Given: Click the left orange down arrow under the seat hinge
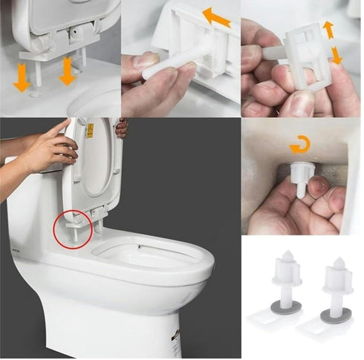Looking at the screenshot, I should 22,79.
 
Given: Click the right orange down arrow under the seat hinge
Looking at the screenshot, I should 67,72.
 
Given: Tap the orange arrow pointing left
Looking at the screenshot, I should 216,16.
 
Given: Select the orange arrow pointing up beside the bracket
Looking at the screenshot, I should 328,30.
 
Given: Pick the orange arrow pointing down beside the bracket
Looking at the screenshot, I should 335,55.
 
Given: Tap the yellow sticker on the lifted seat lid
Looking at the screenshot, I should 90,131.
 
